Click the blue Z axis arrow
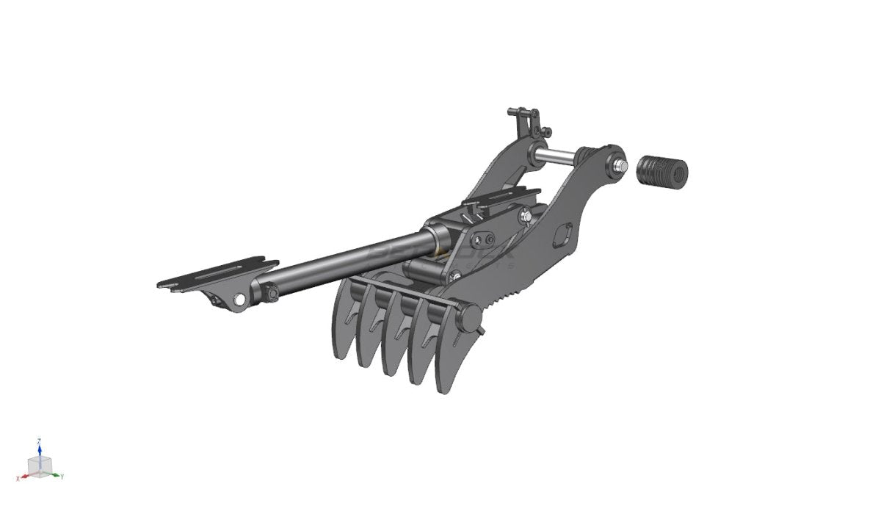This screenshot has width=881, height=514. (x=39, y=446)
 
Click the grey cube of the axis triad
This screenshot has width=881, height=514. (x=38, y=465)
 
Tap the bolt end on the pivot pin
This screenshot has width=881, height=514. (x=621, y=166)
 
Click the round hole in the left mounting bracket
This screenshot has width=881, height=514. (x=239, y=299)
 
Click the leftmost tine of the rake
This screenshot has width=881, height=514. (x=342, y=330)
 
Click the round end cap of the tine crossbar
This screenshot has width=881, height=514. (x=470, y=316)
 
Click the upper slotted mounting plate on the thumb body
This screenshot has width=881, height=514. (x=503, y=195)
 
